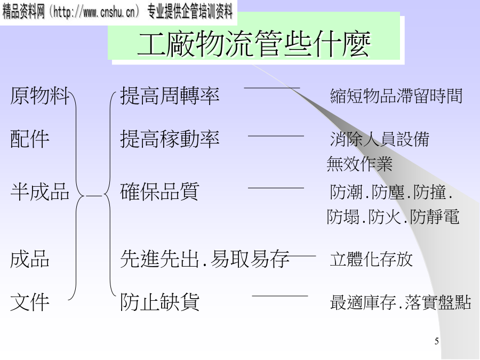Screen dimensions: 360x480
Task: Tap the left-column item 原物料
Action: (40, 97)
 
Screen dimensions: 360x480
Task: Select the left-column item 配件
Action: (30, 139)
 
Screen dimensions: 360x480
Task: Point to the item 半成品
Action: (40, 191)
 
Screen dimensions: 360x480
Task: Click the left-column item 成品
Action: (30, 259)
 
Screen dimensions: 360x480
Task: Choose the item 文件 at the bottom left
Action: (30, 302)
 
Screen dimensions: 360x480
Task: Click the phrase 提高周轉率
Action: (170, 97)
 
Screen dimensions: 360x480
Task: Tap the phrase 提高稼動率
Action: (170, 139)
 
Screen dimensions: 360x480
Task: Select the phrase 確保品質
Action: (159, 191)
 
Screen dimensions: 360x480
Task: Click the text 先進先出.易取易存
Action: (205, 259)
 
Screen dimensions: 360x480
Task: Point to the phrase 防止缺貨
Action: (159, 302)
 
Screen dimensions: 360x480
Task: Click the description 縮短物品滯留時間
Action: (396, 97)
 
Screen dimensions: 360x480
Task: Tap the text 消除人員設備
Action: (379, 140)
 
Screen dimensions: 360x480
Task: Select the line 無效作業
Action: (359, 164)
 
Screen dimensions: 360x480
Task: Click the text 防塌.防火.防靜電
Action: (393, 217)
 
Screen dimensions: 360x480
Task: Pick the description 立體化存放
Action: (371, 260)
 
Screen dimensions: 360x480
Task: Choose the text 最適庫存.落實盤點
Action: (401, 302)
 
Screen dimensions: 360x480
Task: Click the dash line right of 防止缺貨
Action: (279, 295)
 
